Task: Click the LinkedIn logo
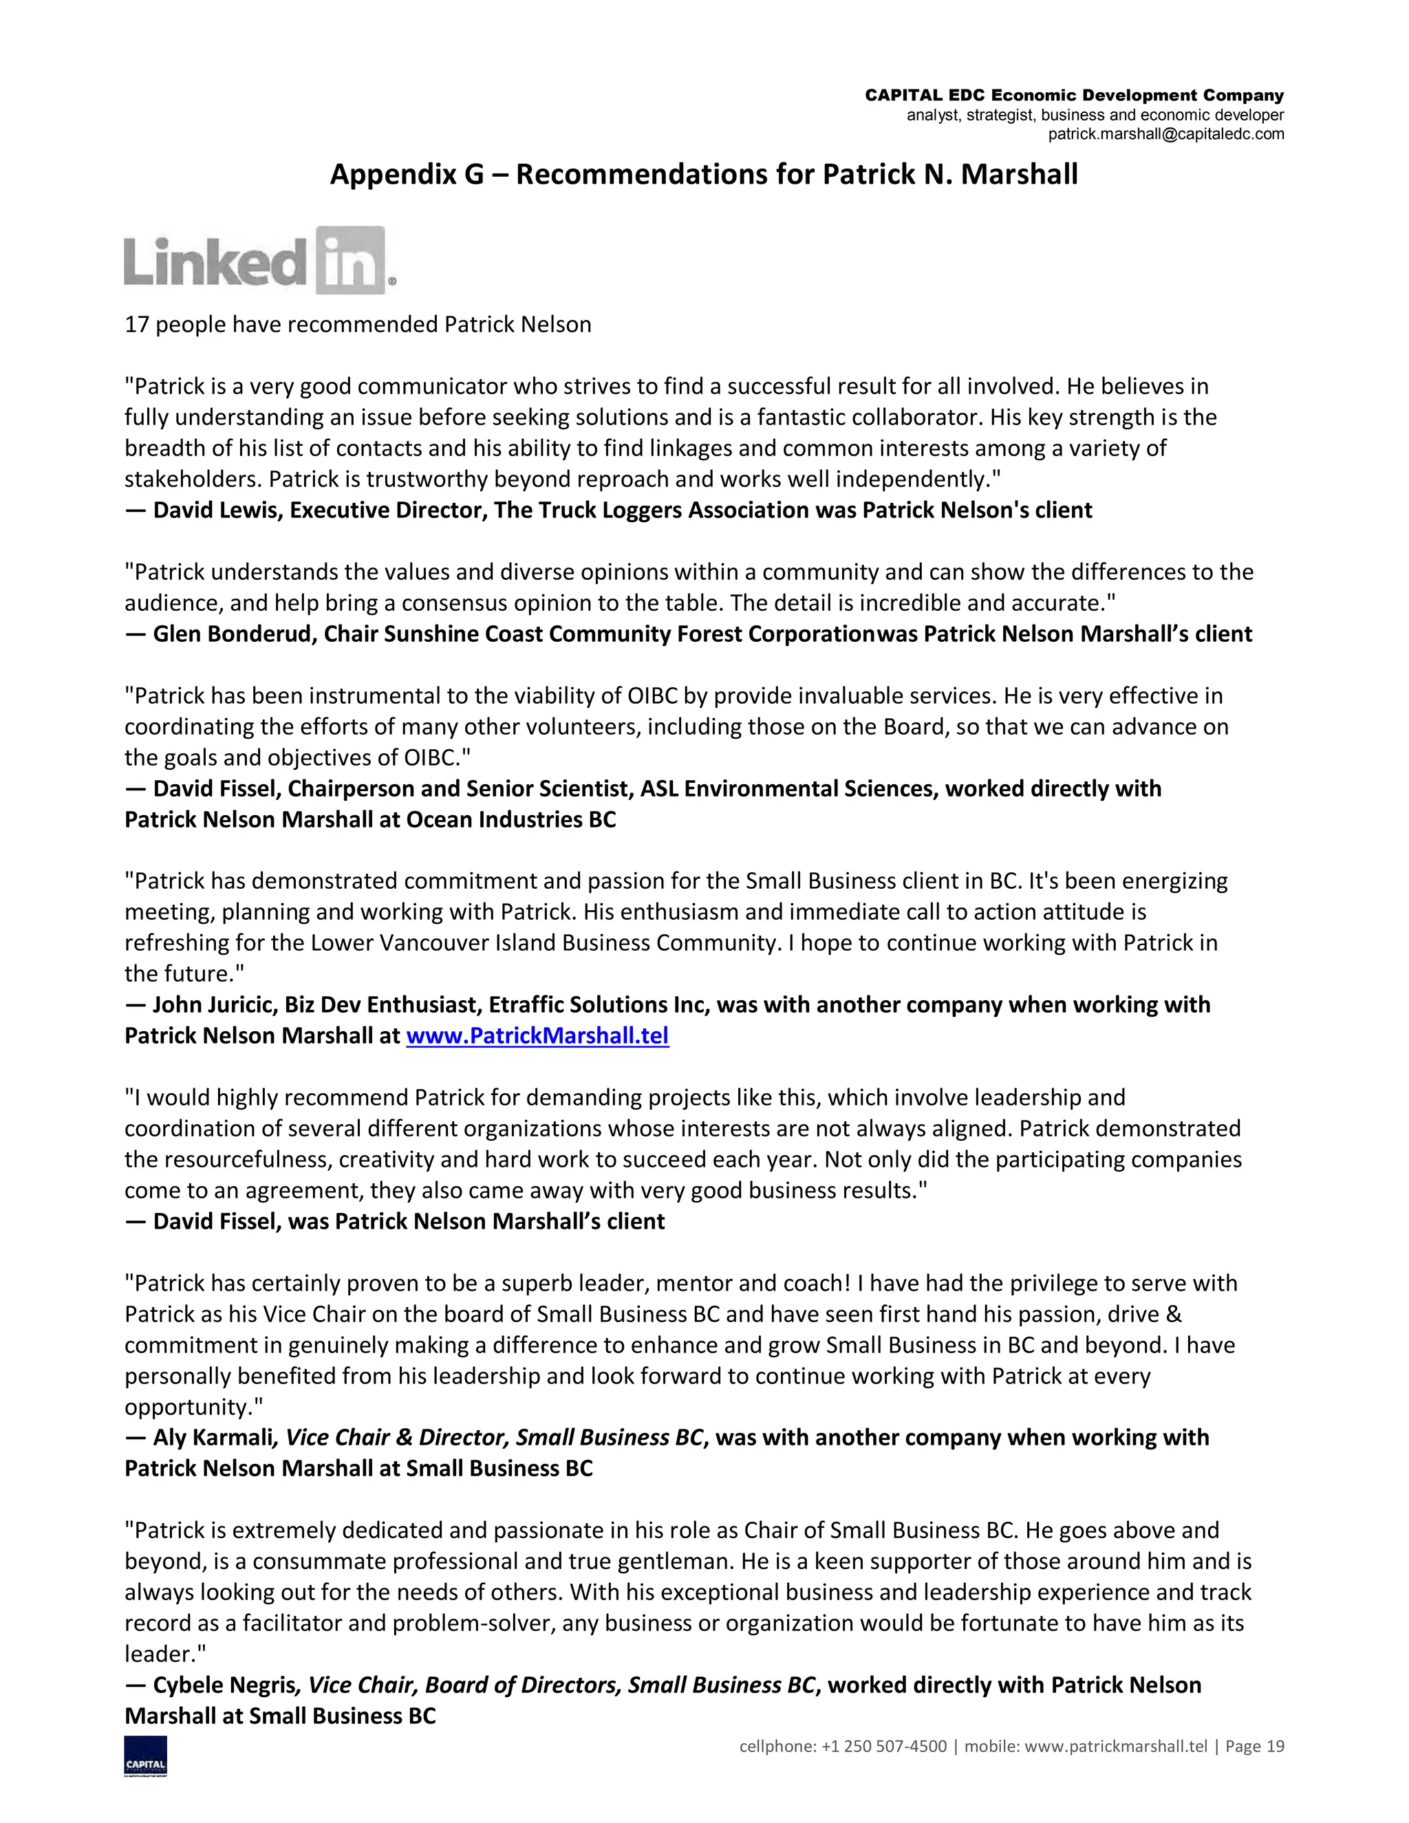coord(259,261)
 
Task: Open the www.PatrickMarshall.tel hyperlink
coord(537,1036)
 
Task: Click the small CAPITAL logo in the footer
coord(145,1756)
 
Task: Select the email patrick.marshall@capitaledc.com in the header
coord(1165,134)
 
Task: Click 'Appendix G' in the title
coord(407,175)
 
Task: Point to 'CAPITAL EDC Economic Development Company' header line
coord(1073,96)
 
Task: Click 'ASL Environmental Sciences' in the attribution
coord(789,789)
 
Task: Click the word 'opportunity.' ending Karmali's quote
coord(192,1407)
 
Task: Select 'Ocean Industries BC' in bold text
coord(511,820)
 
